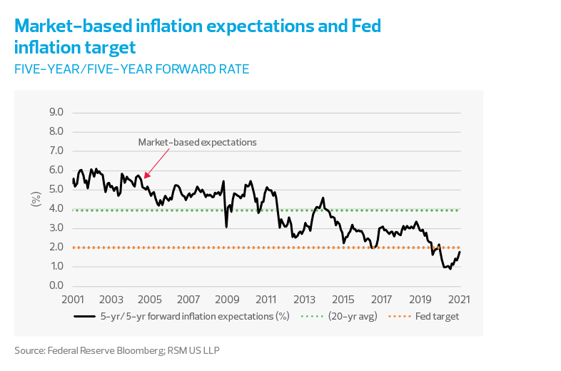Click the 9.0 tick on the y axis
(x=56, y=113)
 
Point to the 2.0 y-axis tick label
(x=56, y=248)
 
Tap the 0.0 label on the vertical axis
(x=56, y=286)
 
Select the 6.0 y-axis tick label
(x=56, y=171)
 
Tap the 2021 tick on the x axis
(x=459, y=299)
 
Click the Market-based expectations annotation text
(x=197, y=142)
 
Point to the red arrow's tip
(x=145, y=178)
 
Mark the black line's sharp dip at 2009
(x=226, y=227)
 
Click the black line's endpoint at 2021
(x=460, y=251)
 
